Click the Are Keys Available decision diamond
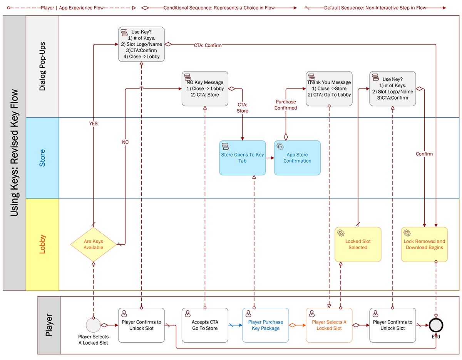[94, 244]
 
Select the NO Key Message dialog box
[205, 88]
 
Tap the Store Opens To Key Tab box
[243, 158]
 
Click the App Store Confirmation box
[297, 158]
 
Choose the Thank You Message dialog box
[329, 88]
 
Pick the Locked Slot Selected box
[358, 245]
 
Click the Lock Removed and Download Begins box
[424, 245]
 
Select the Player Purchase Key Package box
[265, 325]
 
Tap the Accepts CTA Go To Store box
[205, 325]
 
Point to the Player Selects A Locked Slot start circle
[93, 325]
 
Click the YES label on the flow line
[94, 124]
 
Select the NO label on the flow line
[125, 142]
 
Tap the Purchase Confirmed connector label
[286, 105]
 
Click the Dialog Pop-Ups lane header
[42, 67]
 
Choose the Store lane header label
[42, 158]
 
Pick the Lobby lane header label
[42, 244]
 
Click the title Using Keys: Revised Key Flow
[14, 153]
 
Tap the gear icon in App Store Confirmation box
[280, 147]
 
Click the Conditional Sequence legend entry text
[219, 7]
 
